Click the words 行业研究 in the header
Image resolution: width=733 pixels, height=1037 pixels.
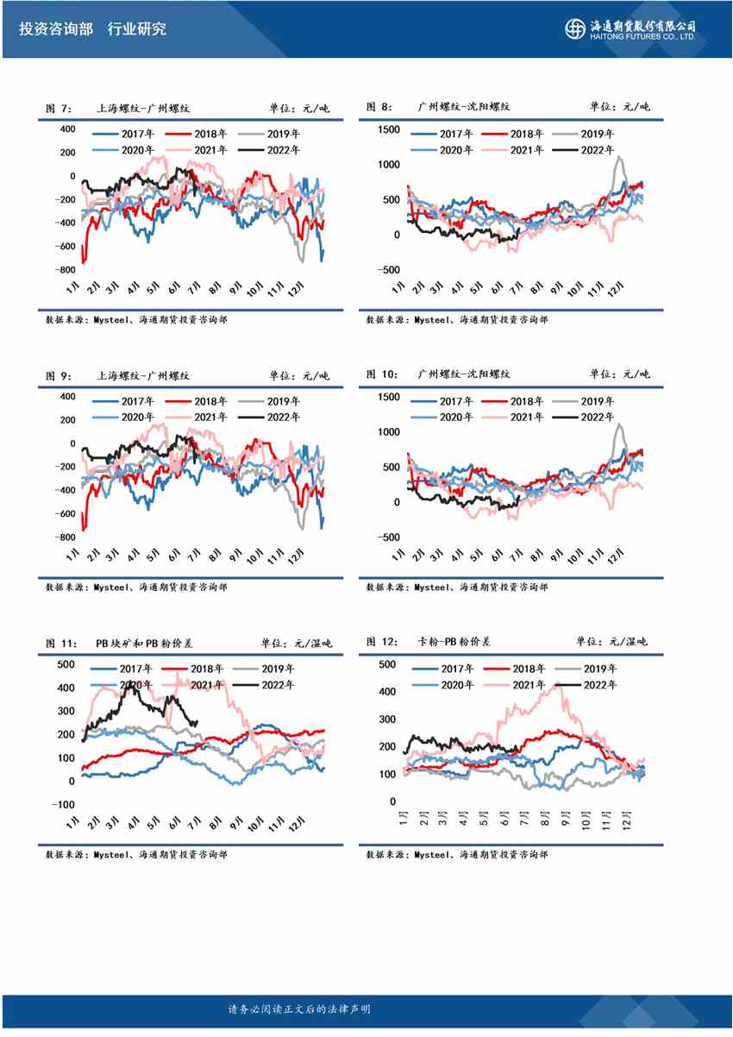pos(137,28)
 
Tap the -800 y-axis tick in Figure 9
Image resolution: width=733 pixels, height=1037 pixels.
pos(63,537)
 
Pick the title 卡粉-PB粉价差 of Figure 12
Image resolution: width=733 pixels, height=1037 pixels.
pos(454,642)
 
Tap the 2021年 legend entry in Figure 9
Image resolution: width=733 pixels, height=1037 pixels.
pos(197,417)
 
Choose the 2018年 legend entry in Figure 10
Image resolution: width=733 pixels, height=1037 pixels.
pos(516,401)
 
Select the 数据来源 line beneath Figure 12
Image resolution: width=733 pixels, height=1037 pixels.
pos(456,854)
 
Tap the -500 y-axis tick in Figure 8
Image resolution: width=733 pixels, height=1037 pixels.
pos(388,269)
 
